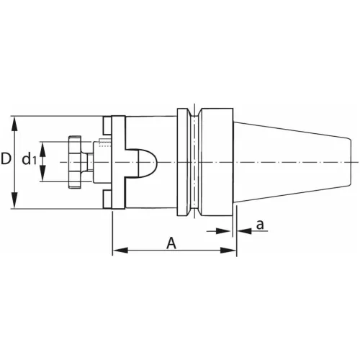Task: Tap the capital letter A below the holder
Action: [171, 243]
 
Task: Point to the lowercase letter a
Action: [261, 225]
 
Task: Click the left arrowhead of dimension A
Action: [117, 251]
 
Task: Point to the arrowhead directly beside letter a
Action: [242, 231]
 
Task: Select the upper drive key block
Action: [107, 125]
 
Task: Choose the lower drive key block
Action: [107, 199]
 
